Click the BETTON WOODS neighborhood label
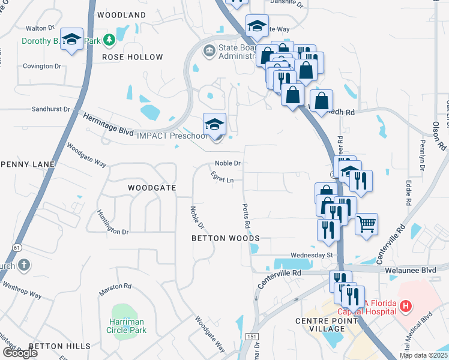tap(225, 238)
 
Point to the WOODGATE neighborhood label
tap(152, 188)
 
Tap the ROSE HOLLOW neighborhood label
tap(132, 57)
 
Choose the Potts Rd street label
tap(246, 215)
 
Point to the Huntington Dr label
tap(112, 221)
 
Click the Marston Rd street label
tap(115, 286)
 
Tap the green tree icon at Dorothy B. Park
tap(109, 40)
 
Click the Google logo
tap(20, 353)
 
